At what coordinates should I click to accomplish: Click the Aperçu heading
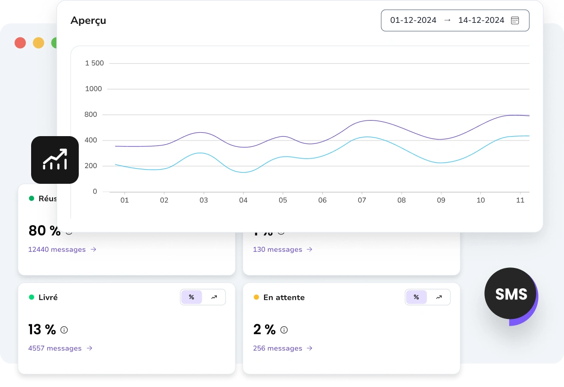(x=88, y=20)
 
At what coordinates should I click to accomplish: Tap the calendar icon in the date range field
(x=515, y=20)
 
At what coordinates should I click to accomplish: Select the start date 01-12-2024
(x=413, y=20)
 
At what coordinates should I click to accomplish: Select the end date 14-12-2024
(x=481, y=20)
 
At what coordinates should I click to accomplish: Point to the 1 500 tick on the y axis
(x=94, y=63)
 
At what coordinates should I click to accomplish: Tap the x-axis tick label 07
(x=362, y=200)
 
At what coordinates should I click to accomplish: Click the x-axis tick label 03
(x=204, y=200)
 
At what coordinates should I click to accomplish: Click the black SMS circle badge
(x=511, y=294)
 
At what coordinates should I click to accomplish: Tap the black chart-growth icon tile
(x=55, y=160)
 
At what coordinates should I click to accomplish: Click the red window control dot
(x=20, y=43)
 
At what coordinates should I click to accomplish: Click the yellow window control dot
(x=38, y=43)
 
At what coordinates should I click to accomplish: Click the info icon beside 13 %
(x=64, y=330)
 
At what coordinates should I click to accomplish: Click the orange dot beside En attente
(x=256, y=297)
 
